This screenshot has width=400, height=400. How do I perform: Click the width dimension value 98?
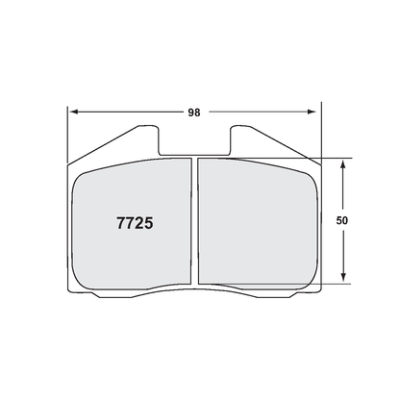point(194,112)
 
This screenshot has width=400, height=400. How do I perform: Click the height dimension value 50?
point(341,220)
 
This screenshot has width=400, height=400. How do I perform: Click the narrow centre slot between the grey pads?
point(193,221)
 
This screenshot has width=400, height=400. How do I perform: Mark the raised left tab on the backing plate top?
point(130,139)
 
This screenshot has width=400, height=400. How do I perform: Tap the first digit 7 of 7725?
point(109,220)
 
